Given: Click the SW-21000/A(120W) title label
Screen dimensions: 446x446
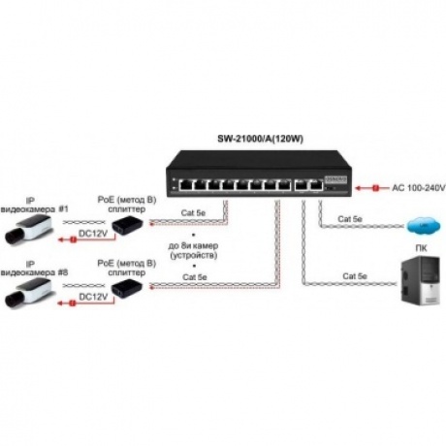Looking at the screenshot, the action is coord(260,139).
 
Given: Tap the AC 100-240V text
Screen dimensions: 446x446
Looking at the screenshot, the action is coord(419,188).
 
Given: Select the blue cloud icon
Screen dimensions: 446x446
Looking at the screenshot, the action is coord(424,226).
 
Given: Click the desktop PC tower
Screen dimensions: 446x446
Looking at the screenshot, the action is coord(420,280).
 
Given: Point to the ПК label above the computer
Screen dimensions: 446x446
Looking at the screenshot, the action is coord(421,248).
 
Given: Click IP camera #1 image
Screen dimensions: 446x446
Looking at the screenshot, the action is coord(27,230).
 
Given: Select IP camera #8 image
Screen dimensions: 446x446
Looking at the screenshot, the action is coord(27,293).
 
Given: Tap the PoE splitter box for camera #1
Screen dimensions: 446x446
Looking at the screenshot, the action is coord(127,224).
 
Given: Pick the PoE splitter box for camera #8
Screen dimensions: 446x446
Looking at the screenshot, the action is coord(127,288).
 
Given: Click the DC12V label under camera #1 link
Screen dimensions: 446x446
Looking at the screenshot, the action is coord(93,234).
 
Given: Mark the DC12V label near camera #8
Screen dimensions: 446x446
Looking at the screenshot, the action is coord(93,297).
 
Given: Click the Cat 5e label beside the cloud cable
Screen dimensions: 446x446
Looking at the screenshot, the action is coord(350,219).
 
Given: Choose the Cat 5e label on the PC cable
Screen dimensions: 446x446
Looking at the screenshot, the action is coord(355,276).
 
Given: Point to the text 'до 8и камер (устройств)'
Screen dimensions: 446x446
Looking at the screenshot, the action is coord(193,251).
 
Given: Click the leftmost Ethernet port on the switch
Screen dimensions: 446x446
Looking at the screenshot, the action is coord(186,185).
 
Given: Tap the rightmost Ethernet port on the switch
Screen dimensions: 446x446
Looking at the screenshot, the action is coord(316,185).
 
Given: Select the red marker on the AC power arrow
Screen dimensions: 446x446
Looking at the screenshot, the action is coord(375,188).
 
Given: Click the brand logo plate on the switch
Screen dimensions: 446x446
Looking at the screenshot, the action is coord(335,178).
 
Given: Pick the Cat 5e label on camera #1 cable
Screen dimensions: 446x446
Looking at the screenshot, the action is coord(193,212).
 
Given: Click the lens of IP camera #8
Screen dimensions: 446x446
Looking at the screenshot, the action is coord(13,300).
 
